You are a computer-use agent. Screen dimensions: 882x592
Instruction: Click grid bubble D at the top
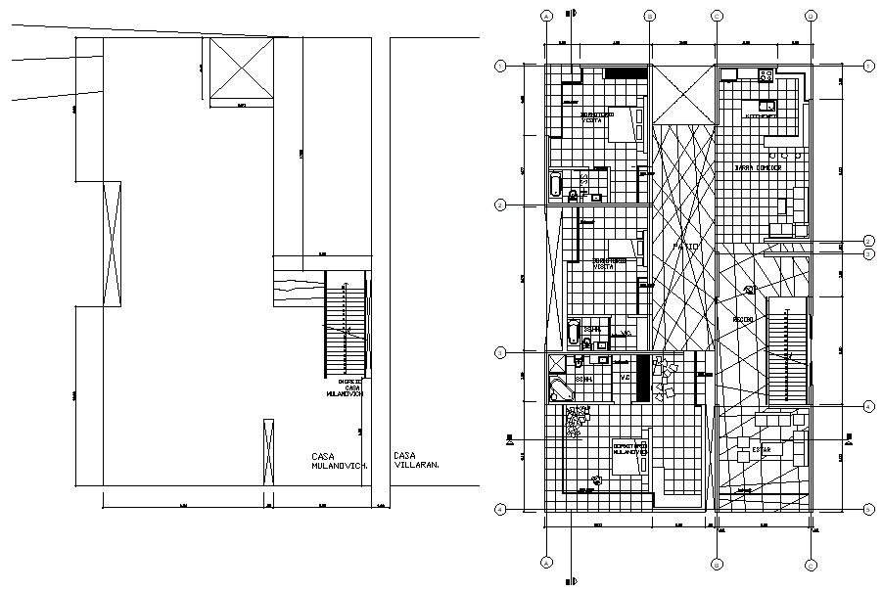811,16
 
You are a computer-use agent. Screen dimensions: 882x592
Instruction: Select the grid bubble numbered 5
868,508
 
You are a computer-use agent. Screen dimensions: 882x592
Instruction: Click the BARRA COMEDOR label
758,168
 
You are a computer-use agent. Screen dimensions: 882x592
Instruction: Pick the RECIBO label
741,319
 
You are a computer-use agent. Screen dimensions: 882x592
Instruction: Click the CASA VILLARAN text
415,460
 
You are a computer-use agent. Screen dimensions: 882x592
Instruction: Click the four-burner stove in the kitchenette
766,75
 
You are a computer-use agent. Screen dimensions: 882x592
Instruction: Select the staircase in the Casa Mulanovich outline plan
345,328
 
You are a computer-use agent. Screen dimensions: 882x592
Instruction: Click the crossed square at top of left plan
236,69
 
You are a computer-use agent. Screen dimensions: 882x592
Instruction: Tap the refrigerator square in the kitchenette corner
728,74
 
